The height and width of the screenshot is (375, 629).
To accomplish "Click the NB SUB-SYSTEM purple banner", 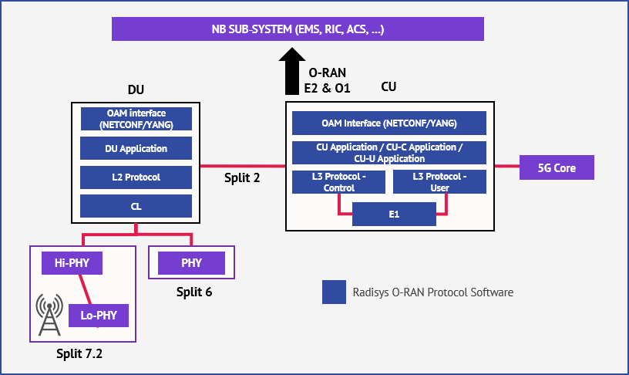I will [x=298, y=29].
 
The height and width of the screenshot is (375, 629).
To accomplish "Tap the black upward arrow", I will [x=292, y=71].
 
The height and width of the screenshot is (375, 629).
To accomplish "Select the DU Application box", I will [x=136, y=148].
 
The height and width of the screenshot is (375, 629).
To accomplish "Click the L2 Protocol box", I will [x=136, y=177].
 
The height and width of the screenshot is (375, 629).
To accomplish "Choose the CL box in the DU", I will [x=136, y=206].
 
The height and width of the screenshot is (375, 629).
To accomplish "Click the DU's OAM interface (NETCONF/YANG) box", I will [x=136, y=119].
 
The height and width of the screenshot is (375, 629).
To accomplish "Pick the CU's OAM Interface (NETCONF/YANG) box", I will [x=388, y=123].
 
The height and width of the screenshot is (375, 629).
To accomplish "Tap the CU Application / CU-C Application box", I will [x=388, y=153].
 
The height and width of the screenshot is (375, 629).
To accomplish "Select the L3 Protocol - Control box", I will [x=338, y=182].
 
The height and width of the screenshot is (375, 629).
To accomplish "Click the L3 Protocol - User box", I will [x=439, y=182].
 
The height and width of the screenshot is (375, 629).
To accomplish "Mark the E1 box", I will [x=394, y=214].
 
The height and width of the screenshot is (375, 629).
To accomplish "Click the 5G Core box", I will [x=555, y=167].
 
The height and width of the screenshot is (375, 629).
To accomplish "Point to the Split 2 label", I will [x=241, y=177].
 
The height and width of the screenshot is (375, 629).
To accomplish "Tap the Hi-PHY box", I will [x=72, y=263].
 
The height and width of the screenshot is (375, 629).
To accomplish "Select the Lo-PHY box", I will [x=99, y=316].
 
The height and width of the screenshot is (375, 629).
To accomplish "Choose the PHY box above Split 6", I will [x=191, y=263].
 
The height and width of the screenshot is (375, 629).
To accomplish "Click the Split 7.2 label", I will [x=79, y=354].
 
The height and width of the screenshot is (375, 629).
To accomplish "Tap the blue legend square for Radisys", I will [x=334, y=292].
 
